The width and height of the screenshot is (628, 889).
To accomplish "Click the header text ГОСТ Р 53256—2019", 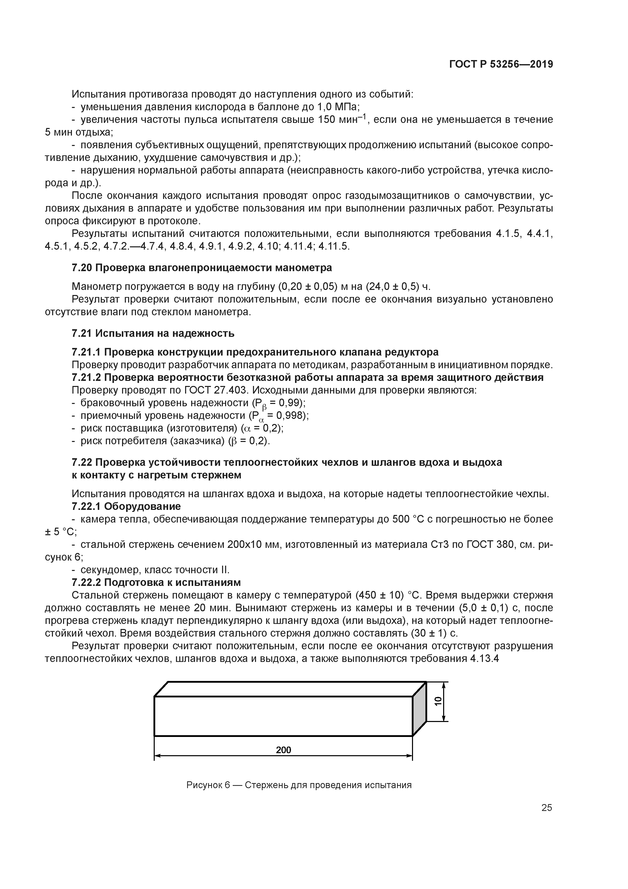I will pos(501,64).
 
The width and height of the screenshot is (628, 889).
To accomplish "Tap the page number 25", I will pos(546,808).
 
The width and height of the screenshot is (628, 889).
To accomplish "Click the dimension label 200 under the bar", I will pos(283,750).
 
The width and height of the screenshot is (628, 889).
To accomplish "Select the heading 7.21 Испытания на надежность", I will pos(153,333).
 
